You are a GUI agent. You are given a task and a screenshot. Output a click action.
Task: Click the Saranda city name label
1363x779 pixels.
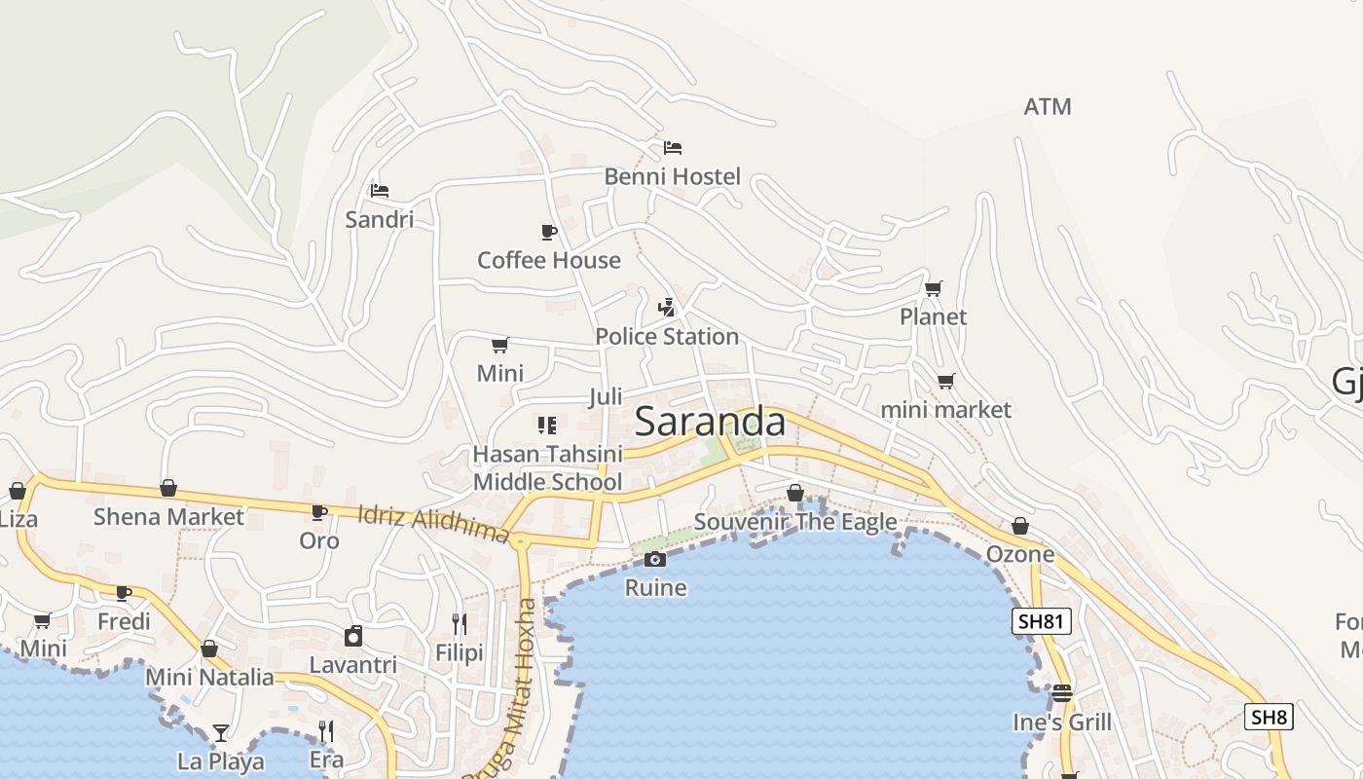click(710, 422)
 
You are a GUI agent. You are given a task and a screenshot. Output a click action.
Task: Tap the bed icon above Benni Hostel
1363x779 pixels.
click(673, 148)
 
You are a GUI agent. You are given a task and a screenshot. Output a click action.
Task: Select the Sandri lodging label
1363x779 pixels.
click(380, 219)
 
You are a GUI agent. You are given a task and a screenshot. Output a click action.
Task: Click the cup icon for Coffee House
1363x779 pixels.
click(549, 232)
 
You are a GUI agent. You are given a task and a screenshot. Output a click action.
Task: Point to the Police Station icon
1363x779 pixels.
click(667, 308)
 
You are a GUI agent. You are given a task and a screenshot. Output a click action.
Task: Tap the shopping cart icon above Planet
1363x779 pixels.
click(934, 288)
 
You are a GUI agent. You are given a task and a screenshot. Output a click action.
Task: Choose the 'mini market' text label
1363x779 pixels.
click(945, 410)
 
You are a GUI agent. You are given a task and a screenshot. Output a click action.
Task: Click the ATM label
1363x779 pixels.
click(1048, 107)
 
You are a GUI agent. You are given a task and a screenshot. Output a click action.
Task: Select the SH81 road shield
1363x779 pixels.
click(1042, 621)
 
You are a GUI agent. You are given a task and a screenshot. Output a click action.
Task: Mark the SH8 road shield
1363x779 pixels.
click(1270, 718)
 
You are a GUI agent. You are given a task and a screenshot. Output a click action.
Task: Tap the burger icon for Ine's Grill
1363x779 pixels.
click(1061, 693)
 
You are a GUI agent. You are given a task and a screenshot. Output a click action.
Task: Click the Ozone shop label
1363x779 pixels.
click(1020, 554)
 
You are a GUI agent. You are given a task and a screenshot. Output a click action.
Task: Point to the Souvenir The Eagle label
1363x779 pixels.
click(795, 522)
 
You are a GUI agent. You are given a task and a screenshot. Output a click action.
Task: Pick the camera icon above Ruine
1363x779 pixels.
click(655, 559)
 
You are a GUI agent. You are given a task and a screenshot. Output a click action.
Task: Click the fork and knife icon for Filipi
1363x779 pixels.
click(460, 623)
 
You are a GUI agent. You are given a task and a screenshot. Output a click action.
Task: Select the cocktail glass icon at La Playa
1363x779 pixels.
click(221, 732)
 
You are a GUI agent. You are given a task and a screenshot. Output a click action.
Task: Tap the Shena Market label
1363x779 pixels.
click(168, 516)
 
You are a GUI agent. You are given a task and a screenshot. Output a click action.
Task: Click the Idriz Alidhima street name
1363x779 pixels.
click(433, 524)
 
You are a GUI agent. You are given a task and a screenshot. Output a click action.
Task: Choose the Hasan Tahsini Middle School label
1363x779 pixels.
click(547, 467)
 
